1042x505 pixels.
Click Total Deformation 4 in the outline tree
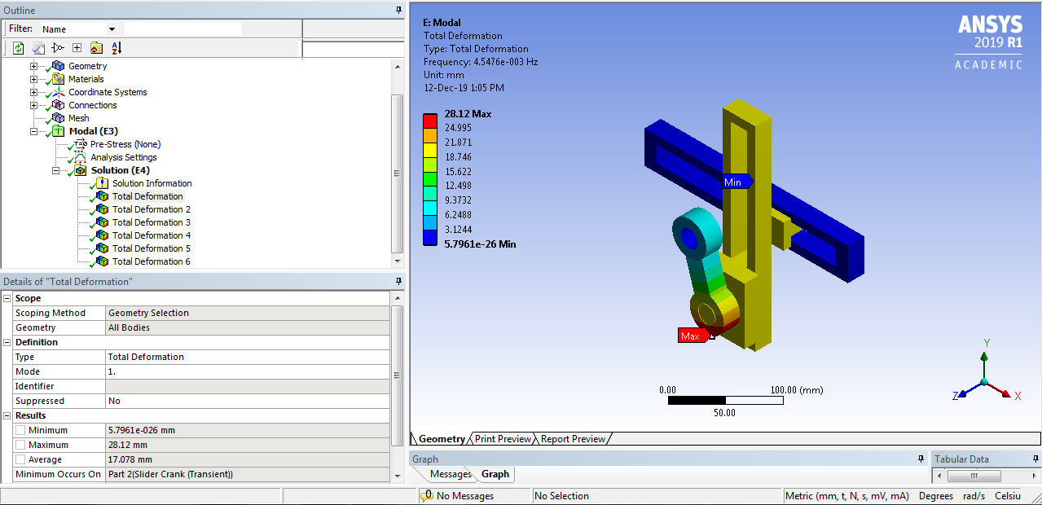pyautogui.click(x=152, y=235)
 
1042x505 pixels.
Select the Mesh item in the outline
pyautogui.click(x=78, y=118)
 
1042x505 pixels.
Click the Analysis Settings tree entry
pyautogui.click(x=123, y=157)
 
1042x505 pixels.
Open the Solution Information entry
pyautogui.click(x=152, y=183)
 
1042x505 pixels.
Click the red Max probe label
pyautogui.click(x=691, y=336)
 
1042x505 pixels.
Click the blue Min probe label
pyautogui.click(x=734, y=182)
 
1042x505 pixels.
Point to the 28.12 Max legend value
pyautogui.click(x=468, y=114)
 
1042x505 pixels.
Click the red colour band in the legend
pyautogui.click(x=429, y=121)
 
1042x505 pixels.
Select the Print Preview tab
pyautogui.click(x=503, y=439)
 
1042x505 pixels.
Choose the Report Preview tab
pyautogui.click(x=573, y=439)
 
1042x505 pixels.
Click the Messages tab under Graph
pyautogui.click(x=451, y=474)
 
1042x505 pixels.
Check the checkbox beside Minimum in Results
pyautogui.click(x=20, y=430)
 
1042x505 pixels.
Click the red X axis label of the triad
pyautogui.click(x=1018, y=396)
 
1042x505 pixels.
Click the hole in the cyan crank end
pyautogui.click(x=690, y=238)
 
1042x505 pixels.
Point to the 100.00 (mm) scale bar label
pyautogui.click(x=797, y=390)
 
